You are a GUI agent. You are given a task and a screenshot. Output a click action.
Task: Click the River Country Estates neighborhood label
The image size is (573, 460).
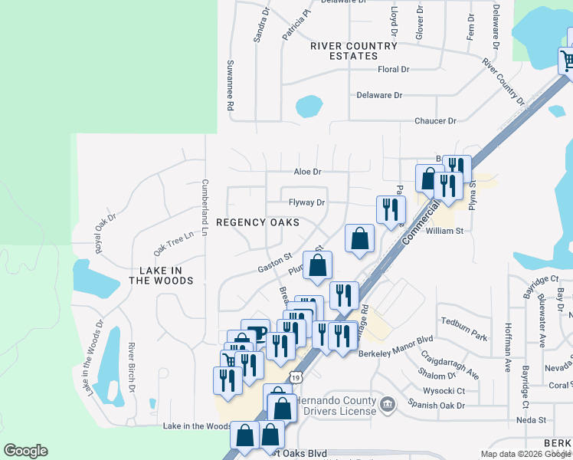click(354, 51)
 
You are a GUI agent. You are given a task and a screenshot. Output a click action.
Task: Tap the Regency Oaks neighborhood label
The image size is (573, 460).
click(257, 222)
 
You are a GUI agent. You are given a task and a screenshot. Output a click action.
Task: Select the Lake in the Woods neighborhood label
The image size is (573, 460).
click(161, 276)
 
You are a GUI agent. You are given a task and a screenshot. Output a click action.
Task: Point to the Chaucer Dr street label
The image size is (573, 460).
click(435, 121)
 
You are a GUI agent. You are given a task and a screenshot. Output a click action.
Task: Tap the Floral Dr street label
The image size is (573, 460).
click(394, 70)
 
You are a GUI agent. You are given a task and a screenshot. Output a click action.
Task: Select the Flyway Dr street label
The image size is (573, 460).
click(307, 203)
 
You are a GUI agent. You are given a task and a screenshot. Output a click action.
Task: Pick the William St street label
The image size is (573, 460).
click(445, 230)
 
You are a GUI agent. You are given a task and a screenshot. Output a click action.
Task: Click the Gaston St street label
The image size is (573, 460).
click(276, 261)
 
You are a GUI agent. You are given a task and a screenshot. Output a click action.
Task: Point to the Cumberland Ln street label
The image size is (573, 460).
click(205, 202)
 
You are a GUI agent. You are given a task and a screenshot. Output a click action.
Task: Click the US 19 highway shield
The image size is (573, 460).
click(296, 376)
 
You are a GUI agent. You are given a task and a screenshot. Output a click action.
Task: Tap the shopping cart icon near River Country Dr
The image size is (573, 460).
click(567, 60)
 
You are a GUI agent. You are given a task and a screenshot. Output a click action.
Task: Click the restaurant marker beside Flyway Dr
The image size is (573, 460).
click(391, 209)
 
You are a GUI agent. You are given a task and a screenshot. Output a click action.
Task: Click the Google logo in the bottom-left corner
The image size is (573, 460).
click(25, 451)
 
